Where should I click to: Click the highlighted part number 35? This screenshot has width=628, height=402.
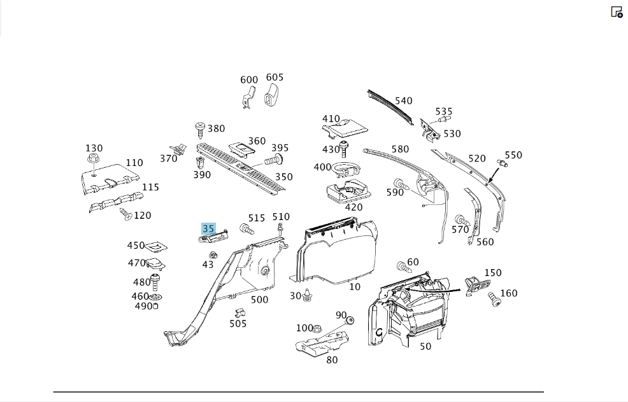coord(208,229)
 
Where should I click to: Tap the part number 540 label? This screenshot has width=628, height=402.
coord(403,100)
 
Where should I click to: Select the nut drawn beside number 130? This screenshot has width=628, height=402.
coord(94,159)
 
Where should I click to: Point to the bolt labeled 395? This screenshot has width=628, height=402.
coord(274,160)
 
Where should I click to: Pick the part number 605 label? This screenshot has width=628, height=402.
coord(275,77)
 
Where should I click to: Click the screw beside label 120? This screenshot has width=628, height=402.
coord(125,214)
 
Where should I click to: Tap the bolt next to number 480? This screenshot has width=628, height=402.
coord(155,282)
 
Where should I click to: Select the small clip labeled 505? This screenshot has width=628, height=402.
coord(240,312)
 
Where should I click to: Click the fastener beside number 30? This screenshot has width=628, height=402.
coord(307,295)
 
